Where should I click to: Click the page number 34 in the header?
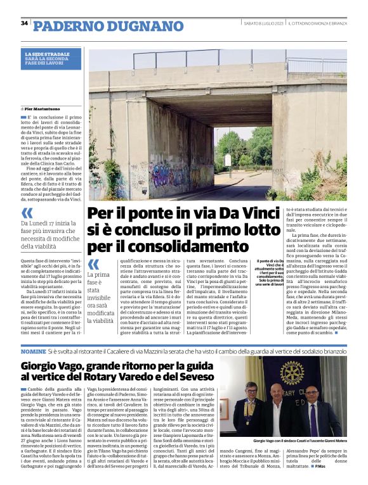[x=24, y=23]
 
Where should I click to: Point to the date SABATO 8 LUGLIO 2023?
[x=263, y=23]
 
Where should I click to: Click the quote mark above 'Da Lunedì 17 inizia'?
[x=27, y=213]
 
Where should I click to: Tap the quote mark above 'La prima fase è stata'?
[x=93, y=264]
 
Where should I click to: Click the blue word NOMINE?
[x=33, y=350]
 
